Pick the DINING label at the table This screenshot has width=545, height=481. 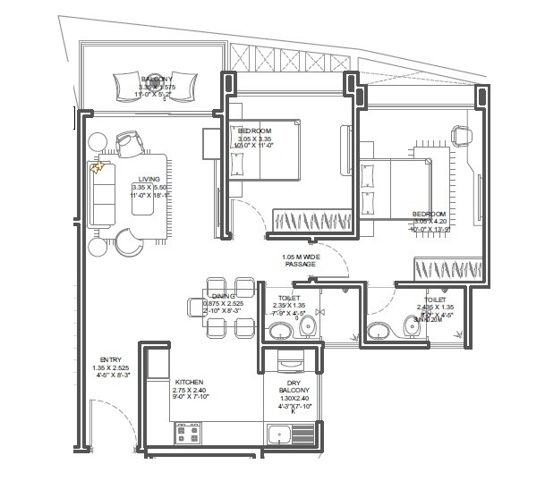coord(222,296)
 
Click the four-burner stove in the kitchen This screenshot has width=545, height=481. coord(188,434)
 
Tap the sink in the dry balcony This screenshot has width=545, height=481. coord(277,436)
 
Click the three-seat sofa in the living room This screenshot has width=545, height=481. coord(102,194)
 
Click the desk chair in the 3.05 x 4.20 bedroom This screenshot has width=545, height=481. coord(462,133)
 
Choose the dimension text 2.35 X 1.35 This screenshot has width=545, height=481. coord(289,305)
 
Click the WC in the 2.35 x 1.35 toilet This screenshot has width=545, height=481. coord(308,328)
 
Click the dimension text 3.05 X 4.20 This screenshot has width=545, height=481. coord(429,221)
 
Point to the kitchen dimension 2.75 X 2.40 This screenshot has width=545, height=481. coord(190,390)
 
